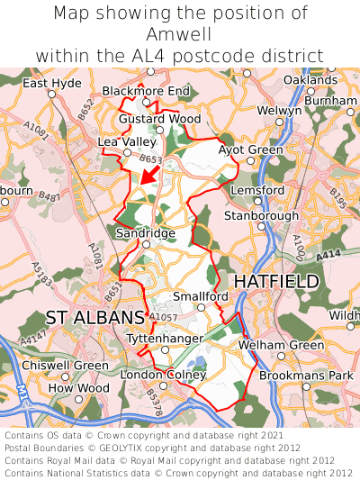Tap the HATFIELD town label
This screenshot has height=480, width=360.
pyautogui.click(x=276, y=282)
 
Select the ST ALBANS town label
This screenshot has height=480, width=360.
pyautogui.click(x=94, y=318)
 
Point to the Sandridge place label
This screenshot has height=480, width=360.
pyautogui.click(x=146, y=233)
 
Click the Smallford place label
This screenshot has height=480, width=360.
pyautogui.click(x=201, y=296)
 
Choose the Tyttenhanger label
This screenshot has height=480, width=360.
pyautogui.click(x=165, y=337)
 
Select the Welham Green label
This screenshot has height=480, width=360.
pyautogui.click(x=281, y=346)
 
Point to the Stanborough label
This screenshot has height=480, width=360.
pyautogui.click(x=261, y=216)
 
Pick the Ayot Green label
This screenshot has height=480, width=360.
pyautogui.click(x=250, y=149)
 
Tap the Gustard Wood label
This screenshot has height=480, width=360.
pyautogui.click(x=160, y=119)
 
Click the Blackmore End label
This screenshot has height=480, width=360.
pyautogui.click(x=146, y=91)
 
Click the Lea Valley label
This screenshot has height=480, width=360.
pyautogui.click(x=127, y=142)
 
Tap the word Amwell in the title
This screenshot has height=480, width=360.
pyautogui.click(x=180, y=34)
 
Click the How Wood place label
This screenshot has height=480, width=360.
pyautogui.click(x=73, y=388)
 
